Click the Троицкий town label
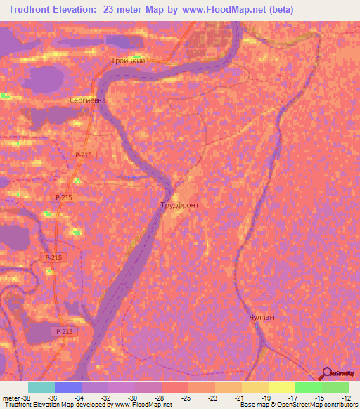pyautogui.click(x=128, y=61)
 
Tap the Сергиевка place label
pyautogui.click(x=88, y=100)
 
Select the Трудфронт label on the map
pyautogui.click(x=180, y=205)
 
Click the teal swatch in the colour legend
pyautogui.click(x=41, y=387)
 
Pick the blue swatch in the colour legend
pyautogui.click(x=67, y=387)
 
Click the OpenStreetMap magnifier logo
pyautogui.click(x=326, y=372)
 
